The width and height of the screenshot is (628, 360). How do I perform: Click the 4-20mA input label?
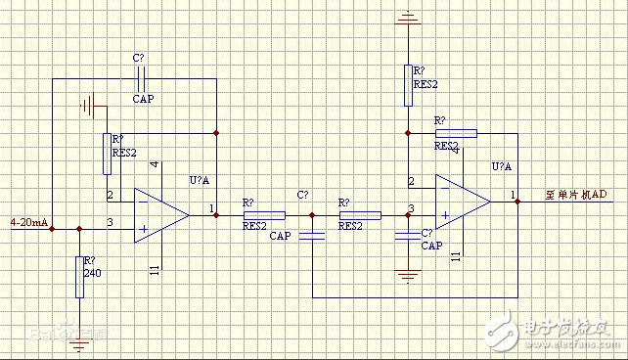point(28,223)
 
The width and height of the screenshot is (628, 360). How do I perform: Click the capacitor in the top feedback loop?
point(143,76)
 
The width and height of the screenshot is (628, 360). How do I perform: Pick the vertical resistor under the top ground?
point(407,84)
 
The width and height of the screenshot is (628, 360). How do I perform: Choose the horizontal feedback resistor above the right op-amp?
point(456,132)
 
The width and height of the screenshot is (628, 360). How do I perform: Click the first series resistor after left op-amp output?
point(264,214)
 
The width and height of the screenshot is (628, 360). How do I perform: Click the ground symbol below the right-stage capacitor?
point(407,275)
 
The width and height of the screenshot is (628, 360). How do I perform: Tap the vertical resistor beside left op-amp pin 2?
point(107,154)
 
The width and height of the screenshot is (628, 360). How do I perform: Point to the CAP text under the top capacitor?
point(144,98)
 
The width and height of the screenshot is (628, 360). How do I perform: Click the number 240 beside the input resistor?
point(93,273)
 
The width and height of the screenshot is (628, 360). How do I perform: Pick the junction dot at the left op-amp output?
point(217,214)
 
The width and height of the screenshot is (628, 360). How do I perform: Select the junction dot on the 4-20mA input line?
point(51,229)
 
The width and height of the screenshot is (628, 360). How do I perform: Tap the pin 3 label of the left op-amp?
point(110,223)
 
